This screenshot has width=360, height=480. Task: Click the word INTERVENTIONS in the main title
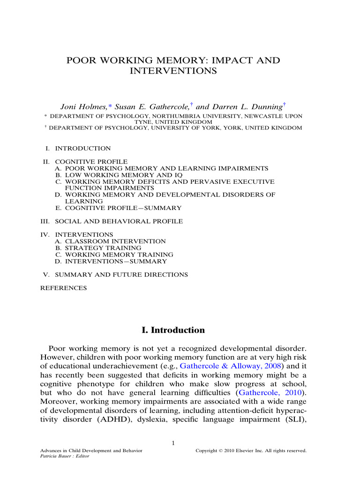[x=172, y=72]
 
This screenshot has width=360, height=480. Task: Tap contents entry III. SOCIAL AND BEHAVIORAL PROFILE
[x=112, y=221]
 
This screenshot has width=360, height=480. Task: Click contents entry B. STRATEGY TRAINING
[x=98, y=247]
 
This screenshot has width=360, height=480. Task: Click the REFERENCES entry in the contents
[x=64, y=288]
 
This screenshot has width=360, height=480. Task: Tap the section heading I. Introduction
[x=173, y=330]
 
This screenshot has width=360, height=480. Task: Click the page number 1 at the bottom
[x=173, y=444]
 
